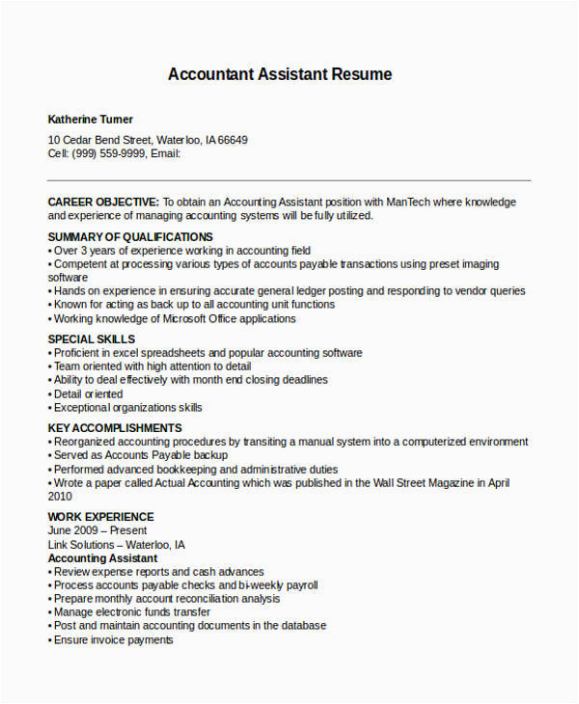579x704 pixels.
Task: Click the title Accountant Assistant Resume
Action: (280, 74)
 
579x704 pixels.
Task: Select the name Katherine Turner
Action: (91, 120)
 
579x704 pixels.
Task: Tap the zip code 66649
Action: (233, 140)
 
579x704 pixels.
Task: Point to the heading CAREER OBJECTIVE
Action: (103, 203)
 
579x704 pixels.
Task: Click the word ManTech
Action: (411, 203)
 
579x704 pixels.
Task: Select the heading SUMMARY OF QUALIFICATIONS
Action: (130, 237)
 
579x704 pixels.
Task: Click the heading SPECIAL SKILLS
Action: (92, 339)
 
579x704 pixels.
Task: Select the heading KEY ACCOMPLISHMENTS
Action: (114, 428)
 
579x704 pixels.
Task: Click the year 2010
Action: (60, 496)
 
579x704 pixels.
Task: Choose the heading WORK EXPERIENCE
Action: (100, 517)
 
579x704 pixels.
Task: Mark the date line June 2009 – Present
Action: (97, 530)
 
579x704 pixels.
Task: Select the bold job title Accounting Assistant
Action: (102, 558)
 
